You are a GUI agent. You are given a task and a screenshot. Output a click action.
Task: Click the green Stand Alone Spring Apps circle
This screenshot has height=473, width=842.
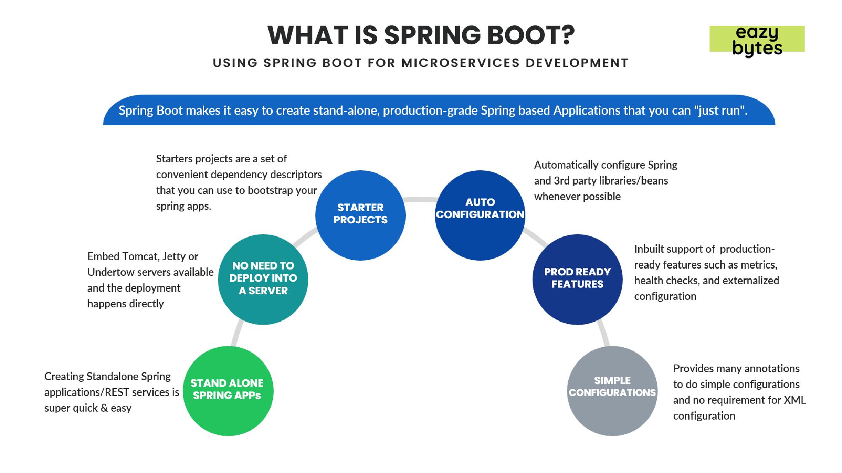coord(228,391)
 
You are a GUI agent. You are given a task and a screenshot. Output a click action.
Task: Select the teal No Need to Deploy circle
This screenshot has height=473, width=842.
coord(263,279)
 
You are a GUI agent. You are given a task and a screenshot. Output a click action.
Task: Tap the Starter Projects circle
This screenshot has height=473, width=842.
coord(360,215)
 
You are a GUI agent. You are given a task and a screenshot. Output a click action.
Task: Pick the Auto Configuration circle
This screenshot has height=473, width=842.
coord(480,215)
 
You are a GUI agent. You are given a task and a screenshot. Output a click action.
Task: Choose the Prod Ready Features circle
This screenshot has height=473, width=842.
coord(577,279)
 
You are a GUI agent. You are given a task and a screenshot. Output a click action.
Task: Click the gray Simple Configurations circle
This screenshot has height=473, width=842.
coord(612,391)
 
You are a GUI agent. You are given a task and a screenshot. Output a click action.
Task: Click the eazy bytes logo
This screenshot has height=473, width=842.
coord(757,40)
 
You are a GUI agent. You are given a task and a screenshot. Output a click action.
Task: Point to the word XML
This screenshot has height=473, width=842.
coord(794,400)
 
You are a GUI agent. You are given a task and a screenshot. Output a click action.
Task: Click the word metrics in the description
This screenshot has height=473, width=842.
coord(759,265)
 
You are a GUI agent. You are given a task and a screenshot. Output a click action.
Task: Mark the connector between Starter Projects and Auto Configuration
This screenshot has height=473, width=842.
coord(420,199)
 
